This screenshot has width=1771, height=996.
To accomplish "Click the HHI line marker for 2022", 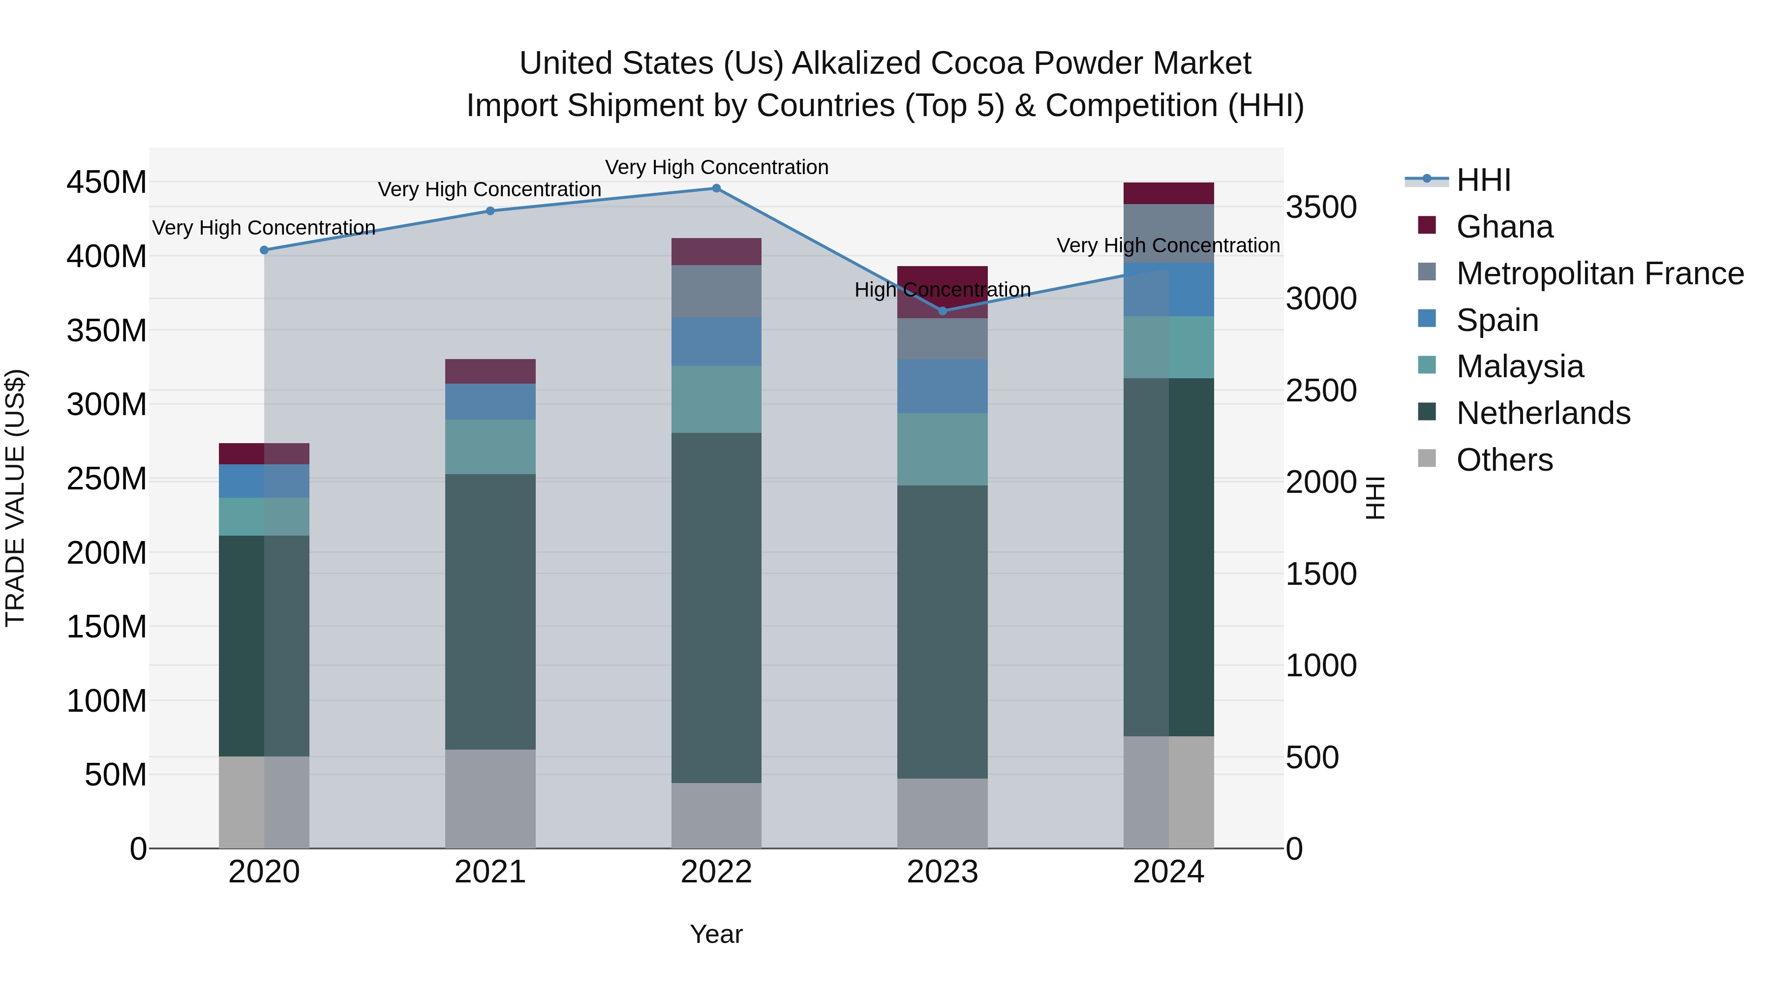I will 716,188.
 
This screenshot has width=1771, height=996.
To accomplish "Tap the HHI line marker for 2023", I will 943,311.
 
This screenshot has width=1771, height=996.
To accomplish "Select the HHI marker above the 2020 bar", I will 264,250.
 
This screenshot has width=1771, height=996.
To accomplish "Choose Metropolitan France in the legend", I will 1599,273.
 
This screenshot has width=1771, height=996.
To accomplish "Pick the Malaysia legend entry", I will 1520,366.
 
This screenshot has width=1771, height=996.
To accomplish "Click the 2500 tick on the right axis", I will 1321,391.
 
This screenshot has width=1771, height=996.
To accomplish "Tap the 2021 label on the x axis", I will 490,872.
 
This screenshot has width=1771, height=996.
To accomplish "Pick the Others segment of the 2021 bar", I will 490,798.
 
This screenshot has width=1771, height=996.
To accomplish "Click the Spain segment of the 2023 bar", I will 943,386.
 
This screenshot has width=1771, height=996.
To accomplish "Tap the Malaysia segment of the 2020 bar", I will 264,516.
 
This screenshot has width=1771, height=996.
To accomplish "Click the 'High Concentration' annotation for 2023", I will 943,290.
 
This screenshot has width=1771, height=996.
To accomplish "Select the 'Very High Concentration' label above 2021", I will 489,190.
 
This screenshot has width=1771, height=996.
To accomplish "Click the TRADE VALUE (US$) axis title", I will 15,498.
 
